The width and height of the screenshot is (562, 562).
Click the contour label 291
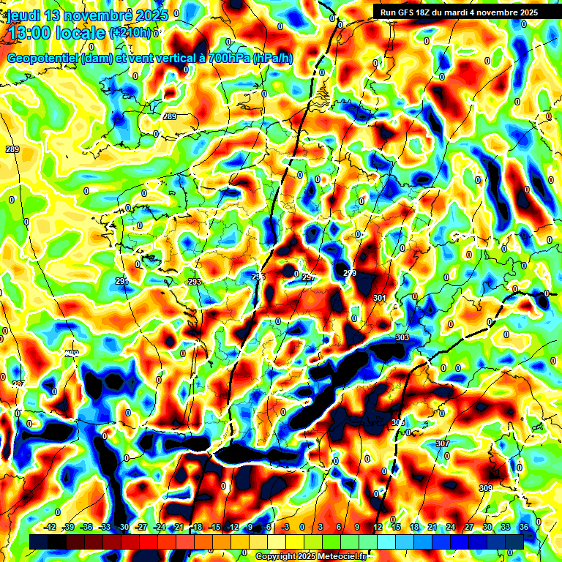click(121, 281)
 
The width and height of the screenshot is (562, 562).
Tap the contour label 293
click(194, 282)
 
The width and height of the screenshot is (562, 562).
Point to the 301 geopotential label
click(379, 298)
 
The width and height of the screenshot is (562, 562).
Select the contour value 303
click(402, 337)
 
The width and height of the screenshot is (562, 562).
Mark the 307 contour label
click(442, 444)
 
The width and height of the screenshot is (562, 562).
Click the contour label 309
click(486, 488)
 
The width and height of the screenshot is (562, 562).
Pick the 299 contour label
click(350, 273)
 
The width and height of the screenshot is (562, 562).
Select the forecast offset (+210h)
click(130, 32)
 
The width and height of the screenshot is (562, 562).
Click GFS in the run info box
click(411, 12)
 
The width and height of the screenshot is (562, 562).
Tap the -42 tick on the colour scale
click(50, 527)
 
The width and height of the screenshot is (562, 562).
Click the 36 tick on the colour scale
click(524, 527)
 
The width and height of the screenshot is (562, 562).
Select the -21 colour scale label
click(178, 527)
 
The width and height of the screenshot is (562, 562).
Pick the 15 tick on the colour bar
click(395, 527)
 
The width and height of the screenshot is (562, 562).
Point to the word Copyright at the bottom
click(277, 557)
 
